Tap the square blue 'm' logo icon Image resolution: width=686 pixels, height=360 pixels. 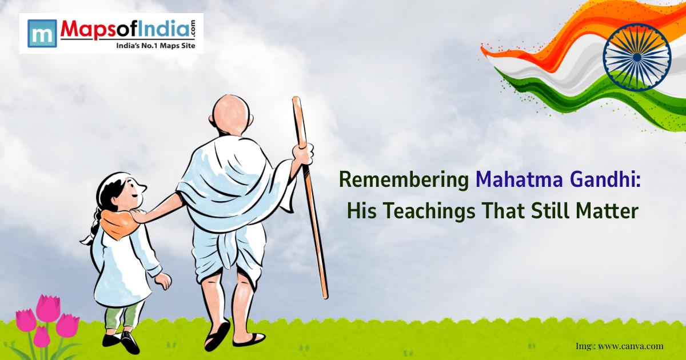pos(41,33)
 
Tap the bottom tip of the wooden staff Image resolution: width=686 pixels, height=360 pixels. pos(325,295)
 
